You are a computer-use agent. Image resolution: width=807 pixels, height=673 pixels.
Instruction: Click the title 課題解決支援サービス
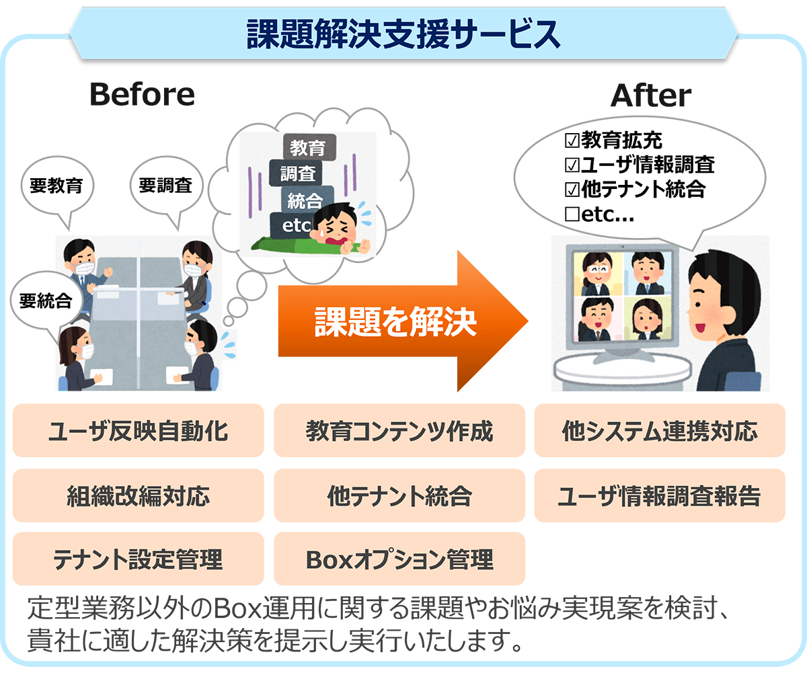pyautogui.click(x=403, y=34)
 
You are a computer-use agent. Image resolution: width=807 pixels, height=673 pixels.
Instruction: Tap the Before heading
pyautogui.click(x=142, y=94)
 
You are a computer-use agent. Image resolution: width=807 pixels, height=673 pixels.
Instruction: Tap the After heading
pyautogui.click(x=651, y=95)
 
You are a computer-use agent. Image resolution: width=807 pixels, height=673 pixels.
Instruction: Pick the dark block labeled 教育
pyautogui.click(x=309, y=147)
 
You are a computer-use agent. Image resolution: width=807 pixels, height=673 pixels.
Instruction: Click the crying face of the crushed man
pyautogui.click(x=335, y=227)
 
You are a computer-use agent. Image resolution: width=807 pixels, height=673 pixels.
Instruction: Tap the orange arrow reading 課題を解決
pyautogui.click(x=402, y=321)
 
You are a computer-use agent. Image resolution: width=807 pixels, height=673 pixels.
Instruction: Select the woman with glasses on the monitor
pyautogui.click(x=598, y=274)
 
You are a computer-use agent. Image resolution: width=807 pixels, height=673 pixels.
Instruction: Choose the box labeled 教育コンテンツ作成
pyautogui.click(x=399, y=430)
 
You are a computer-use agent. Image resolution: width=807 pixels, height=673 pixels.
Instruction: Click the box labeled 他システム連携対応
pyautogui.click(x=660, y=430)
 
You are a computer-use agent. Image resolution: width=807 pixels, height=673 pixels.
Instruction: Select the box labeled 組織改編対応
pyautogui.click(x=139, y=496)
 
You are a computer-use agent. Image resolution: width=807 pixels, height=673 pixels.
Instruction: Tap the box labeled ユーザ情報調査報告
pyautogui.click(x=660, y=496)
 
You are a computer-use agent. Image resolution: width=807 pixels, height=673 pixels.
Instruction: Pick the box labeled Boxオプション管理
pyautogui.click(x=399, y=559)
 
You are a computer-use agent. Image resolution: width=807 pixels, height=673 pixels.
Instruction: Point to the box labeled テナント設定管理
pyautogui.click(x=139, y=559)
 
